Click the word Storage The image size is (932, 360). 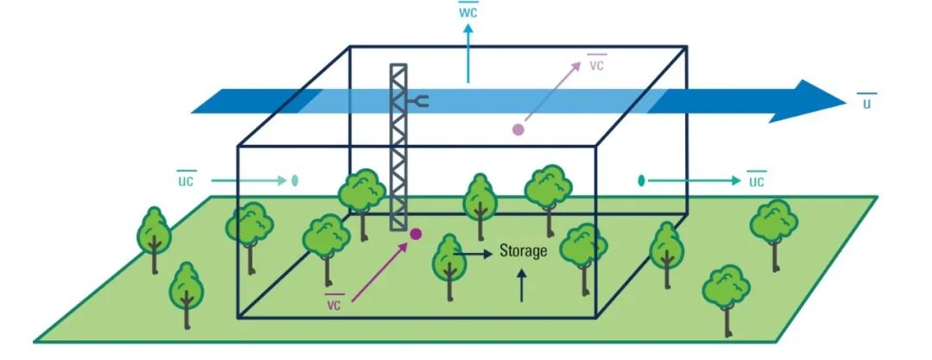[x=523, y=251]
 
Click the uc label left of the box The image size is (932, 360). [x=186, y=180]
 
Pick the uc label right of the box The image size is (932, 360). [x=756, y=180]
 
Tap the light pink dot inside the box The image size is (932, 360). [x=519, y=129]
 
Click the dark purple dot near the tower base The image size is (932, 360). [x=415, y=234]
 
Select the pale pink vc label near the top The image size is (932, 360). [x=596, y=64]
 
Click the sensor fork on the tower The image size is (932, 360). [x=418, y=102]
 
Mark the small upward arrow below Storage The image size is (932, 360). [x=522, y=285]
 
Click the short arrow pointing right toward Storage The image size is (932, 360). [x=473, y=254]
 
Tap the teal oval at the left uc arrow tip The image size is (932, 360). [x=295, y=180]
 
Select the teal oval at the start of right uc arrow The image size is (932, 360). [x=641, y=180]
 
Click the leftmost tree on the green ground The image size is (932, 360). [x=154, y=239]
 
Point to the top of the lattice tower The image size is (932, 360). [x=398, y=65]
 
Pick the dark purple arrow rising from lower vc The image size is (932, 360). [x=378, y=271]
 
